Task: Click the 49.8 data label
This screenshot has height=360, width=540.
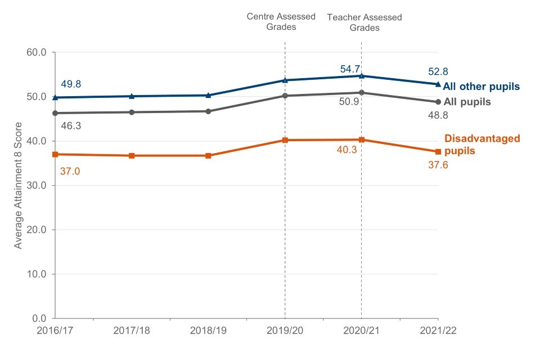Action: coord(71,84)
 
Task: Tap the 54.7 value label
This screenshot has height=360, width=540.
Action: coord(350,69)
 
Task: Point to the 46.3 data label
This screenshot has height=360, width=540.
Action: coord(71,126)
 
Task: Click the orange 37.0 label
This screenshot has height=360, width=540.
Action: coord(70,170)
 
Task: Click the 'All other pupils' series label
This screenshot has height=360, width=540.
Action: coord(481,87)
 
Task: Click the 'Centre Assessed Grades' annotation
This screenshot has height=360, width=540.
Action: coord(281,21)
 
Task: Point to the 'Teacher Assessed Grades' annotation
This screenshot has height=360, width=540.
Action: coord(364,22)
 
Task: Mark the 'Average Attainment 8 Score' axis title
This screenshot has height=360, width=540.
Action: coord(19,185)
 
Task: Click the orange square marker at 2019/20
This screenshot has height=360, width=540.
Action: coord(285,140)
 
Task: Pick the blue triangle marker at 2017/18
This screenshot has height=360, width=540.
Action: coord(132,96)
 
